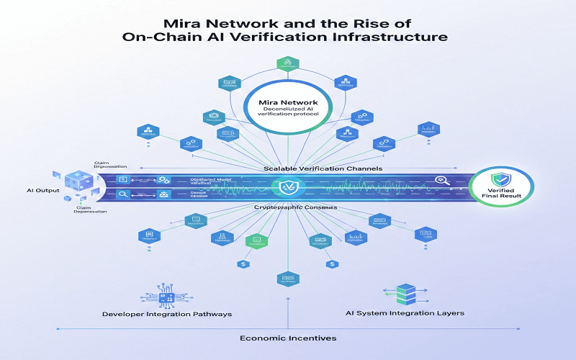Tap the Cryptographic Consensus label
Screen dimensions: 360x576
[287, 207]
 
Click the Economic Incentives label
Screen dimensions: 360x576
[287, 338]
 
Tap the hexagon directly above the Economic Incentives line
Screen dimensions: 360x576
[287, 279]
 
